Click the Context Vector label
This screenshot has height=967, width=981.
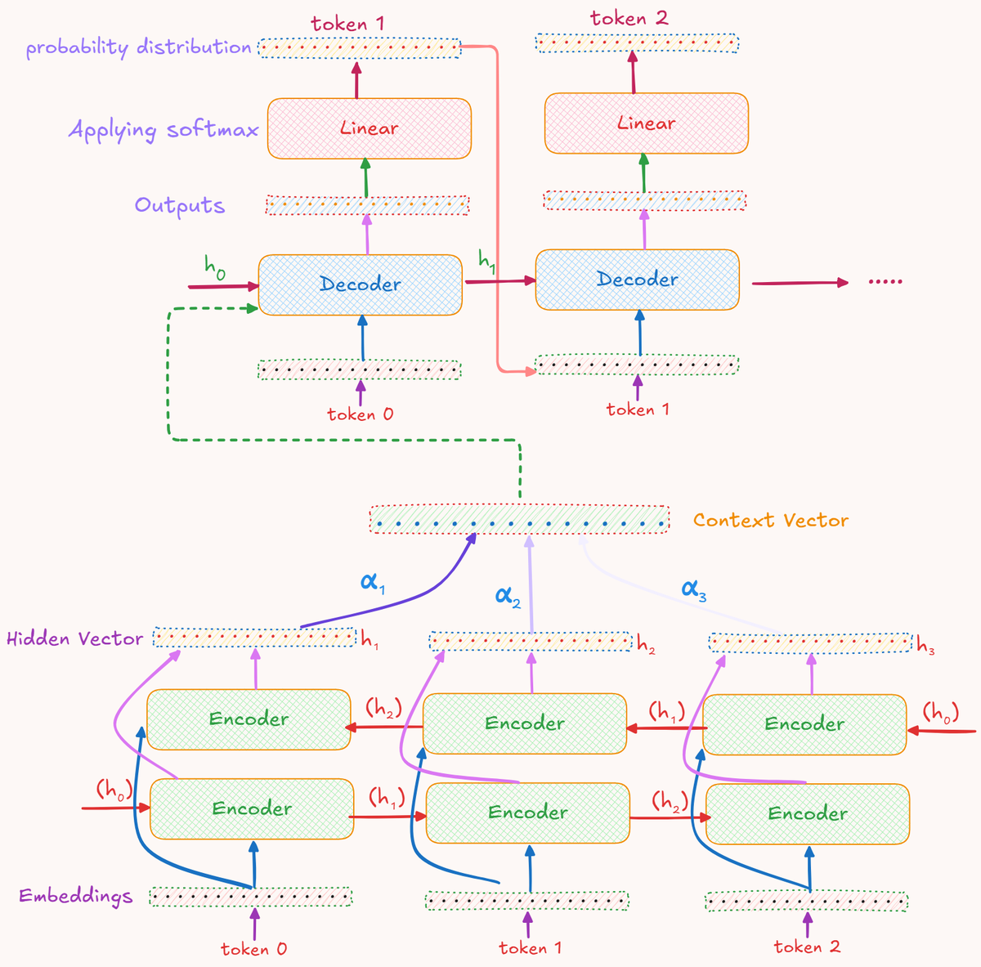click(x=770, y=521)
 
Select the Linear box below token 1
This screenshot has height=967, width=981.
click(x=370, y=128)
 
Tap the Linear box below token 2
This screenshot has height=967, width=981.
click(x=646, y=123)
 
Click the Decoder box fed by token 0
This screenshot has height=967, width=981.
click(x=361, y=284)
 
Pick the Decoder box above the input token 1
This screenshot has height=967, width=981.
click(x=637, y=280)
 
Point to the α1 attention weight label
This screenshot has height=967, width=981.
click(x=373, y=583)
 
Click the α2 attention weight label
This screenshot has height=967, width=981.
click(x=508, y=596)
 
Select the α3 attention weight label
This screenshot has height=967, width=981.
click(x=693, y=589)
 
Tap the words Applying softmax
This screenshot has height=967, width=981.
click(x=163, y=130)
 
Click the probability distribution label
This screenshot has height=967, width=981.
click(x=138, y=47)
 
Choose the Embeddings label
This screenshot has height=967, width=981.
click(x=76, y=896)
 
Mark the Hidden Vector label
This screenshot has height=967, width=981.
click(x=75, y=638)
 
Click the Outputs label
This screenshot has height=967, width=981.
click(x=180, y=205)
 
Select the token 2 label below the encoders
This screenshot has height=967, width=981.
click(x=807, y=947)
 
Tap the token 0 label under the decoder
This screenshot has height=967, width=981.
click(x=360, y=414)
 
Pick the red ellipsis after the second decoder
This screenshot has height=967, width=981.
click(x=885, y=282)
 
